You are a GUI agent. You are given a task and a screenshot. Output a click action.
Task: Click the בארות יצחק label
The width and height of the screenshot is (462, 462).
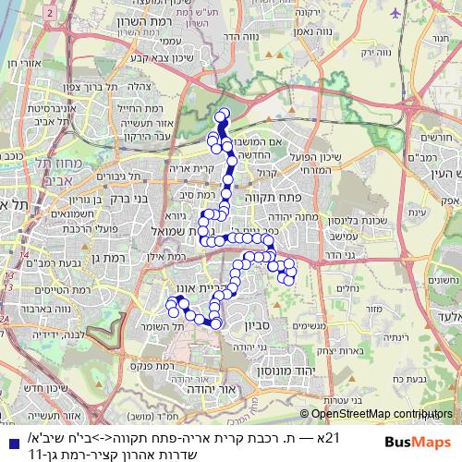pos(374,351)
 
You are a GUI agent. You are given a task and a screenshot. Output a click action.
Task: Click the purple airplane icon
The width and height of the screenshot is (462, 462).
pos(397,13)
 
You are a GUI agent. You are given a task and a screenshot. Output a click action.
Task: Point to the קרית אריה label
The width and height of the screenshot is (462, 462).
pos(193,168)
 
